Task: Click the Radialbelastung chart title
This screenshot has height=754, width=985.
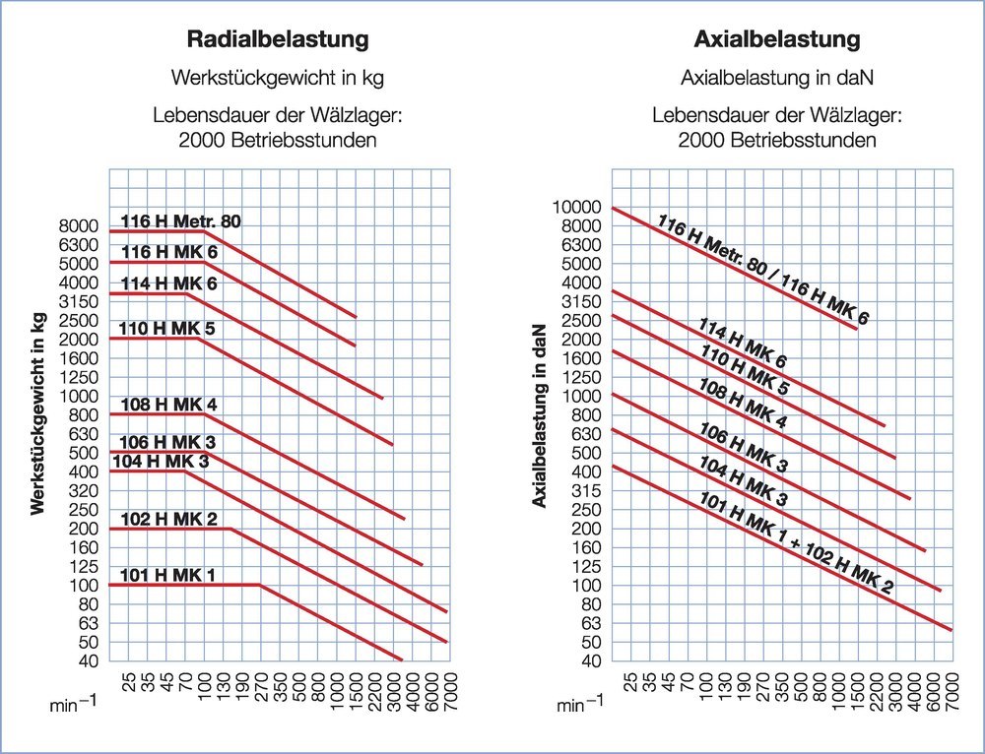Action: [x=278, y=40]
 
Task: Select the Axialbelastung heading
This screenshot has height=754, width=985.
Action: [x=777, y=40]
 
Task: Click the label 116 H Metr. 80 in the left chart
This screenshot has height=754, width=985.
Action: [x=180, y=221]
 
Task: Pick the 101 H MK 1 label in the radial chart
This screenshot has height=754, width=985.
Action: [x=167, y=575]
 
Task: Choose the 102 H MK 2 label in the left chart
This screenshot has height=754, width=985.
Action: [x=168, y=519]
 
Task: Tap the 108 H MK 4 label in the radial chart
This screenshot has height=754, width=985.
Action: [x=168, y=405]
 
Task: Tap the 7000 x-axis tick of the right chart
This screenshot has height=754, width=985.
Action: [x=952, y=689]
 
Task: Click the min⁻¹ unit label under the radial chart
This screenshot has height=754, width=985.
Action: [x=72, y=705]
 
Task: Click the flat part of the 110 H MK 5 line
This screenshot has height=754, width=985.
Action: [x=158, y=339]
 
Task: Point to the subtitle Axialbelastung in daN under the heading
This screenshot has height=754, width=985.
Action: [x=777, y=77]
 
